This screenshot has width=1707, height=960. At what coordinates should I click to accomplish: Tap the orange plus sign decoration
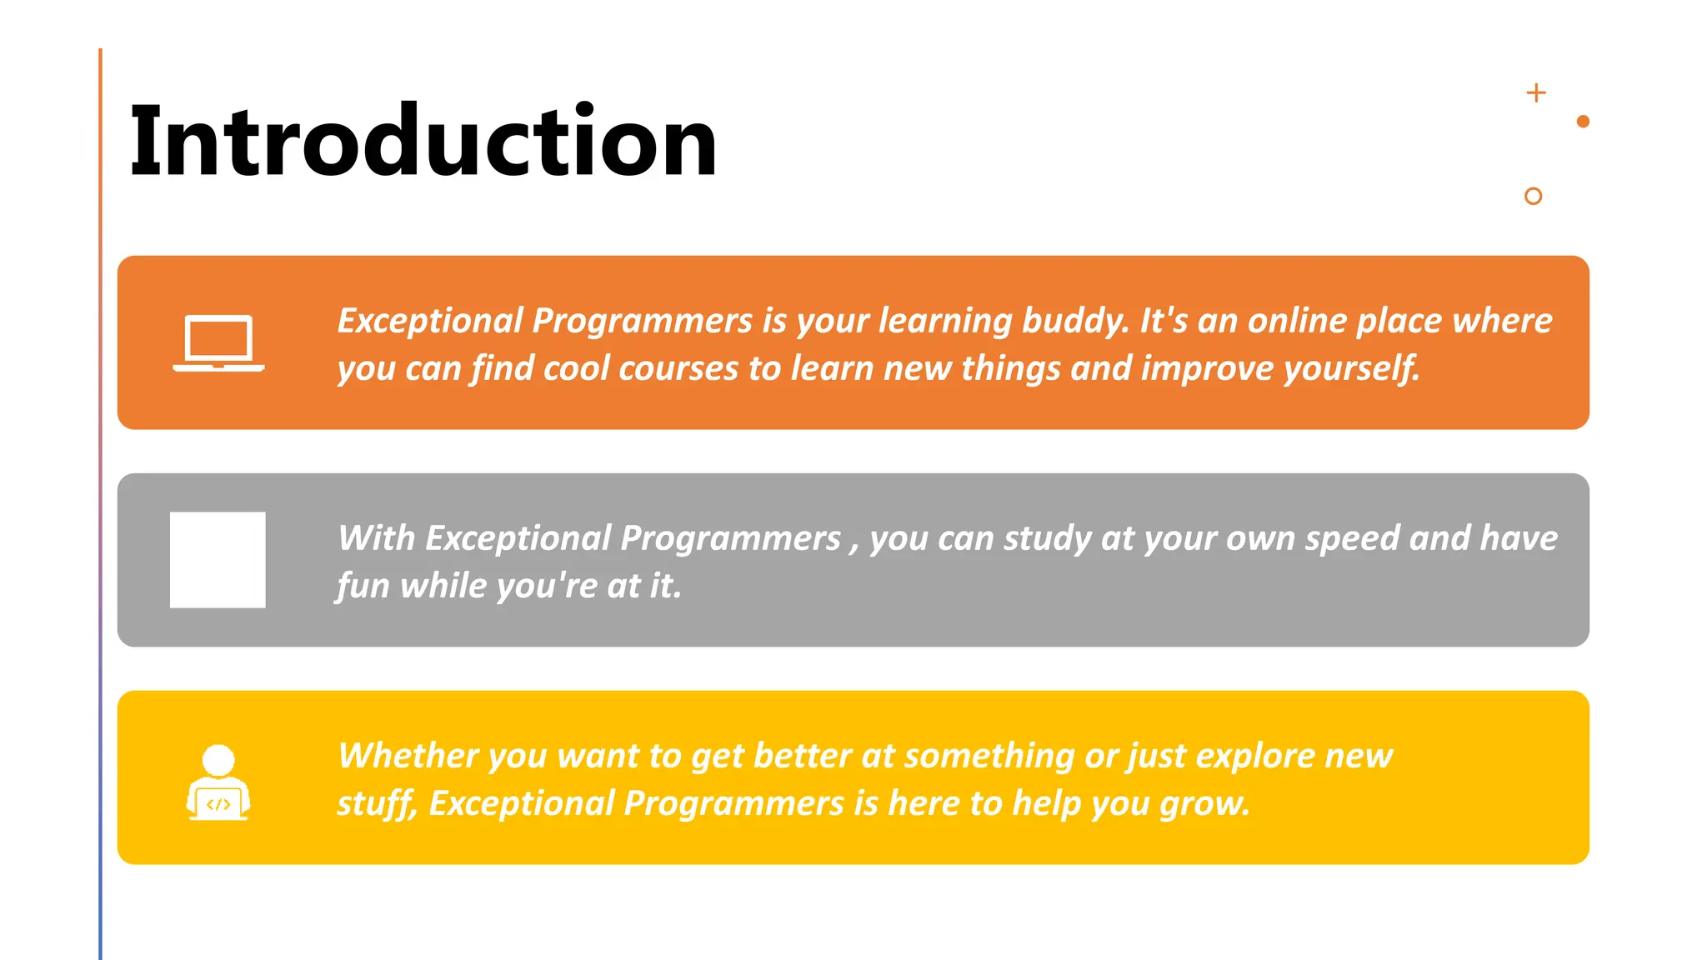pos(1536,92)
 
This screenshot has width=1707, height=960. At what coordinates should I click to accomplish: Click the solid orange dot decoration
pos(1583,122)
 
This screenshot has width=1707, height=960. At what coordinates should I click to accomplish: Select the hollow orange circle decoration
pos(1533,196)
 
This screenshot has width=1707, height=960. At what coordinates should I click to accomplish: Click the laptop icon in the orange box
pos(218,343)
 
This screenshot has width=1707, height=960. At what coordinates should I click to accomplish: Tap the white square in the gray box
pos(218,560)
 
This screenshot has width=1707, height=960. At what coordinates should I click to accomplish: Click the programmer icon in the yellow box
pos(218,782)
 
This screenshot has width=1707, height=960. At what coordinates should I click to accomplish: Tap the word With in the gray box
pos(377,539)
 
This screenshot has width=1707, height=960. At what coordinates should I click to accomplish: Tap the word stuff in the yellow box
pos(376,804)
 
